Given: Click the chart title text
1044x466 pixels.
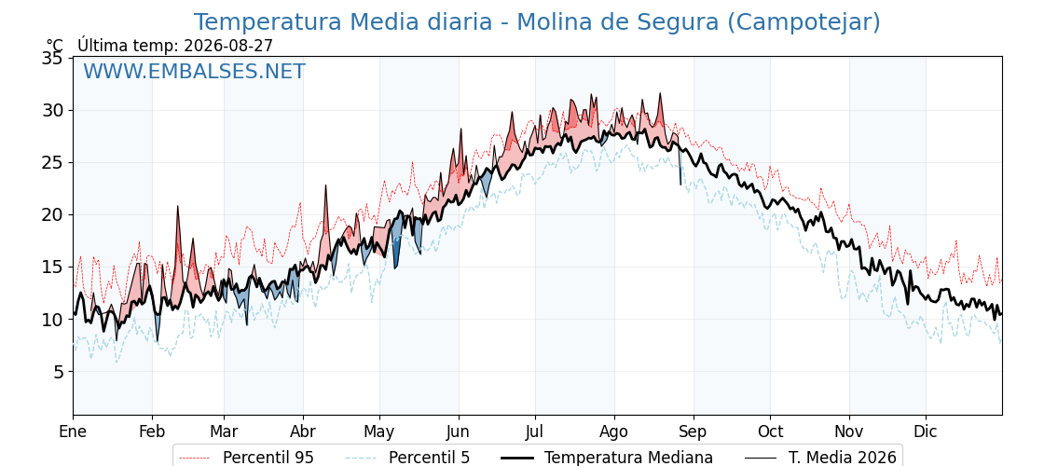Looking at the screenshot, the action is click(537, 22).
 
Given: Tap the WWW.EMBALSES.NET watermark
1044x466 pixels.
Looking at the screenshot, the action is click(194, 71).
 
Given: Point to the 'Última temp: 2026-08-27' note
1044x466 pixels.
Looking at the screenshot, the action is click(175, 46).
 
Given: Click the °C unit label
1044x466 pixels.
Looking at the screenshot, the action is click(55, 46).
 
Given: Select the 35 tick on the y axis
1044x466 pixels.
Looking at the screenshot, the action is click(53, 58).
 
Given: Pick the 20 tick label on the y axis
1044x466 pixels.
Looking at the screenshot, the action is click(53, 215).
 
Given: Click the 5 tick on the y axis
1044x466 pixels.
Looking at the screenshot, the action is click(59, 372).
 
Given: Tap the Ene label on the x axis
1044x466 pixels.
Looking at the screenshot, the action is click(73, 432).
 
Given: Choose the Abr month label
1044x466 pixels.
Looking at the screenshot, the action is click(303, 432).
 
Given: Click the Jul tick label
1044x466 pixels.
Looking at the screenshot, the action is click(535, 432).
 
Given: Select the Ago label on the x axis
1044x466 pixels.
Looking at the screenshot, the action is click(614, 432).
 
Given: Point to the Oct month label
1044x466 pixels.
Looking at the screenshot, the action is click(770, 432).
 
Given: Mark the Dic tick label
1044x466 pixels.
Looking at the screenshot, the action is click(926, 432).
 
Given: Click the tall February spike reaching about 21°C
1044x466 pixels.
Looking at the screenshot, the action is click(178, 207).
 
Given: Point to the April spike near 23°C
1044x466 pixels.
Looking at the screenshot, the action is click(326, 186).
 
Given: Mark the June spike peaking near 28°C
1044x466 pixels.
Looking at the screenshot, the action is click(460, 130).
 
